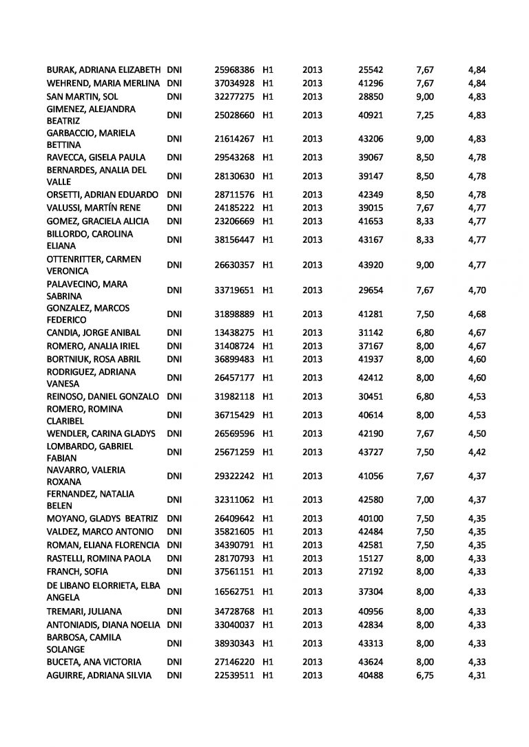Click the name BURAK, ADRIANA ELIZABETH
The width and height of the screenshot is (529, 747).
coord(103,70)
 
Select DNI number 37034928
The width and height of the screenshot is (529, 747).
coord(234,83)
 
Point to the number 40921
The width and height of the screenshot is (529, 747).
coord(371,115)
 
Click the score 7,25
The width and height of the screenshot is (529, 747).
coord(425,115)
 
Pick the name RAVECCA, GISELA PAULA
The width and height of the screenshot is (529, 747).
coord(95,158)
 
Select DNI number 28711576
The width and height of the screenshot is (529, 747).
coord(234,195)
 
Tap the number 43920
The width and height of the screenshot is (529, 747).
coord(371,265)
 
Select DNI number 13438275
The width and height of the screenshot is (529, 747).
coord(234,333)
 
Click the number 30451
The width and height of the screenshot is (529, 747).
coord(371,396)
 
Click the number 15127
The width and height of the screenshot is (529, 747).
coord(371,559)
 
